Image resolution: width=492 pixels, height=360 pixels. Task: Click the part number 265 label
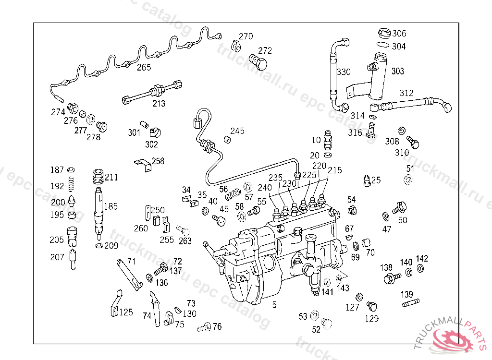(144, 67)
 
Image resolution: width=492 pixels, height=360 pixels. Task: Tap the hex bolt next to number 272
(258, 62)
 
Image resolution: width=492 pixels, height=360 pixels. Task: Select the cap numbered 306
(384, 33)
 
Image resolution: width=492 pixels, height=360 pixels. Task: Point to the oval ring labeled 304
(383, 45)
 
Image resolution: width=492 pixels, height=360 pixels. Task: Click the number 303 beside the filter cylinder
(397, 71)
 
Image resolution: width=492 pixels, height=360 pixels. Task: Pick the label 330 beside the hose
(344, 72)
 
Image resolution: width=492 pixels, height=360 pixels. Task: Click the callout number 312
(406, 93)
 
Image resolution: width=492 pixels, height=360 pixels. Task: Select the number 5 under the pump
(274, 305)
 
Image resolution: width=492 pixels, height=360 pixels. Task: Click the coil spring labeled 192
(71, 184)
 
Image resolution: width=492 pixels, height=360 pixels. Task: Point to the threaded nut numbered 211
(98, 177)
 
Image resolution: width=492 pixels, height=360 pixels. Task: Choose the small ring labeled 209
(99, 246)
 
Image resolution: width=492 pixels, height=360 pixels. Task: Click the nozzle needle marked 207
(73, 260)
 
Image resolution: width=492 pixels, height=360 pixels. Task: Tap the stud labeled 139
(411, 303)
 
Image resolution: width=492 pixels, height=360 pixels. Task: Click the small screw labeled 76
(204, 327)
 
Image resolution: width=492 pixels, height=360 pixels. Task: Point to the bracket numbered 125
(116, 303)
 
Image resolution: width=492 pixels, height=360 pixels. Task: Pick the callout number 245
(237, 131)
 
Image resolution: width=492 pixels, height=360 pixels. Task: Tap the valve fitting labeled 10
(328, 140)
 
